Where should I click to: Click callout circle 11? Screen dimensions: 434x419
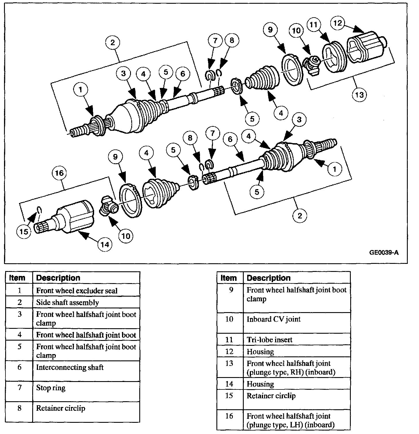point(313,25)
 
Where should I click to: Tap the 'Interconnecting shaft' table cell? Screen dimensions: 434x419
point(70,367)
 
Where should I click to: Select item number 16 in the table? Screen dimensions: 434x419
point(229,416)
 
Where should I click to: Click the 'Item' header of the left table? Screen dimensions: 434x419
point(17,278)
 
